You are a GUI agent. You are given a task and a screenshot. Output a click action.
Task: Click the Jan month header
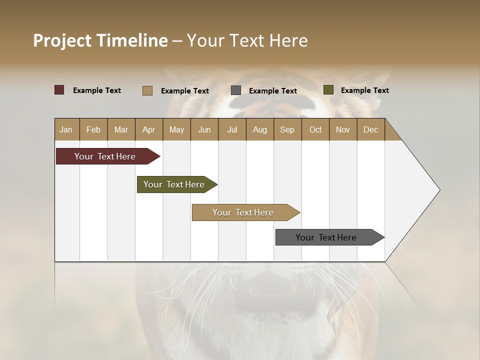click(66, 129)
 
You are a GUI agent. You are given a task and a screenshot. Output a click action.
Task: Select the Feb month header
click(93, 129)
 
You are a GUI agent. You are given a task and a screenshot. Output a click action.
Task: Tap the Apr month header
click(148, 129)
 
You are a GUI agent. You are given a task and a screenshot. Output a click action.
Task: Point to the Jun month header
click(204, 129)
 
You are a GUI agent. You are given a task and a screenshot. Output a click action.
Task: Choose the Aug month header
click(259, 129)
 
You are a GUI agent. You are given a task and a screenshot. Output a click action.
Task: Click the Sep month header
click(287, 129)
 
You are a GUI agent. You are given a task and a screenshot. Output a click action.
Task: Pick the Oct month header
click(315, 129)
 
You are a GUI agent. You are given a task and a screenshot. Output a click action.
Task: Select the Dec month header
click(370, 129)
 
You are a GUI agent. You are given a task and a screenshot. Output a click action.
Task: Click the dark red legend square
click(59, 90)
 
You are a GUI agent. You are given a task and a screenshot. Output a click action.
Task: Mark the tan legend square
click(147, 90)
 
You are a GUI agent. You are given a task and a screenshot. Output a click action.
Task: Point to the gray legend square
click(236, 90)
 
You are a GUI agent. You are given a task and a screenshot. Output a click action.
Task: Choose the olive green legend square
click(328, 90)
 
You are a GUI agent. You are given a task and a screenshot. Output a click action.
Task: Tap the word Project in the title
click(62, 40)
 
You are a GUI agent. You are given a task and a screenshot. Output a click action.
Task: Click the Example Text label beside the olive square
click(364, 90)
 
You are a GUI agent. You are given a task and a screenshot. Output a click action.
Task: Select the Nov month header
click(342, 129)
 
